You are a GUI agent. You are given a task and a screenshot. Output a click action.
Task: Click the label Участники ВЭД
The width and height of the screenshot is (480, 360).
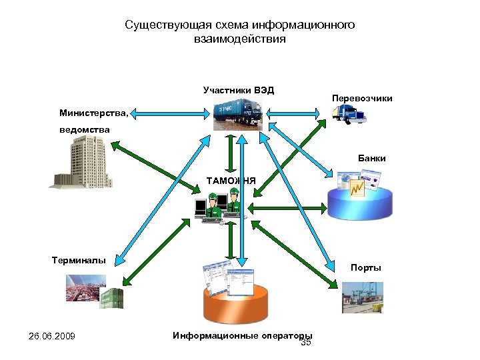click(x=239, y=90)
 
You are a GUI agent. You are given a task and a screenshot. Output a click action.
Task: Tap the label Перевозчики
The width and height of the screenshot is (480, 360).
click(x=362, y=99)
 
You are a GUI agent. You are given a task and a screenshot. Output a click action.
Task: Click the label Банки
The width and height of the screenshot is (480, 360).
click(x=371, y=159)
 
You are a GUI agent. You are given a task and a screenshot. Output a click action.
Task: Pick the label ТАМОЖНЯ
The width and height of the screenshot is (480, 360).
click(x=231, y=180)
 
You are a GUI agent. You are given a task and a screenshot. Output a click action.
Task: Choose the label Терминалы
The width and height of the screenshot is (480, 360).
click(x=79, y=260)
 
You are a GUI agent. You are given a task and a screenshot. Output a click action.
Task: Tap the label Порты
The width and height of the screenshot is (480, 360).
click(x=366, y=268)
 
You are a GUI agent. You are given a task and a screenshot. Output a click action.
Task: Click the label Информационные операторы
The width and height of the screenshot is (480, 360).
click(x=242, y=335)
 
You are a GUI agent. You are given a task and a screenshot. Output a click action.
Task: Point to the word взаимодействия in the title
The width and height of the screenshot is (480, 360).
click(x=239, y=39)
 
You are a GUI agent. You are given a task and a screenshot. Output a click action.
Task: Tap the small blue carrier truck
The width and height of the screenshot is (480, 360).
click(x=349, y=114)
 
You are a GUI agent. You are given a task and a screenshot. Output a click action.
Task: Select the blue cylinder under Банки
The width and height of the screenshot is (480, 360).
click(x=359, y=201)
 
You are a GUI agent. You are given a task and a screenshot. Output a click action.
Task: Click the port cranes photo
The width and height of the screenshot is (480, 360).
click(x=363, y=297)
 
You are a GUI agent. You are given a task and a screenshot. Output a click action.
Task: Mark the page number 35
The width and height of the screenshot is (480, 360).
click(x=307, y=343)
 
